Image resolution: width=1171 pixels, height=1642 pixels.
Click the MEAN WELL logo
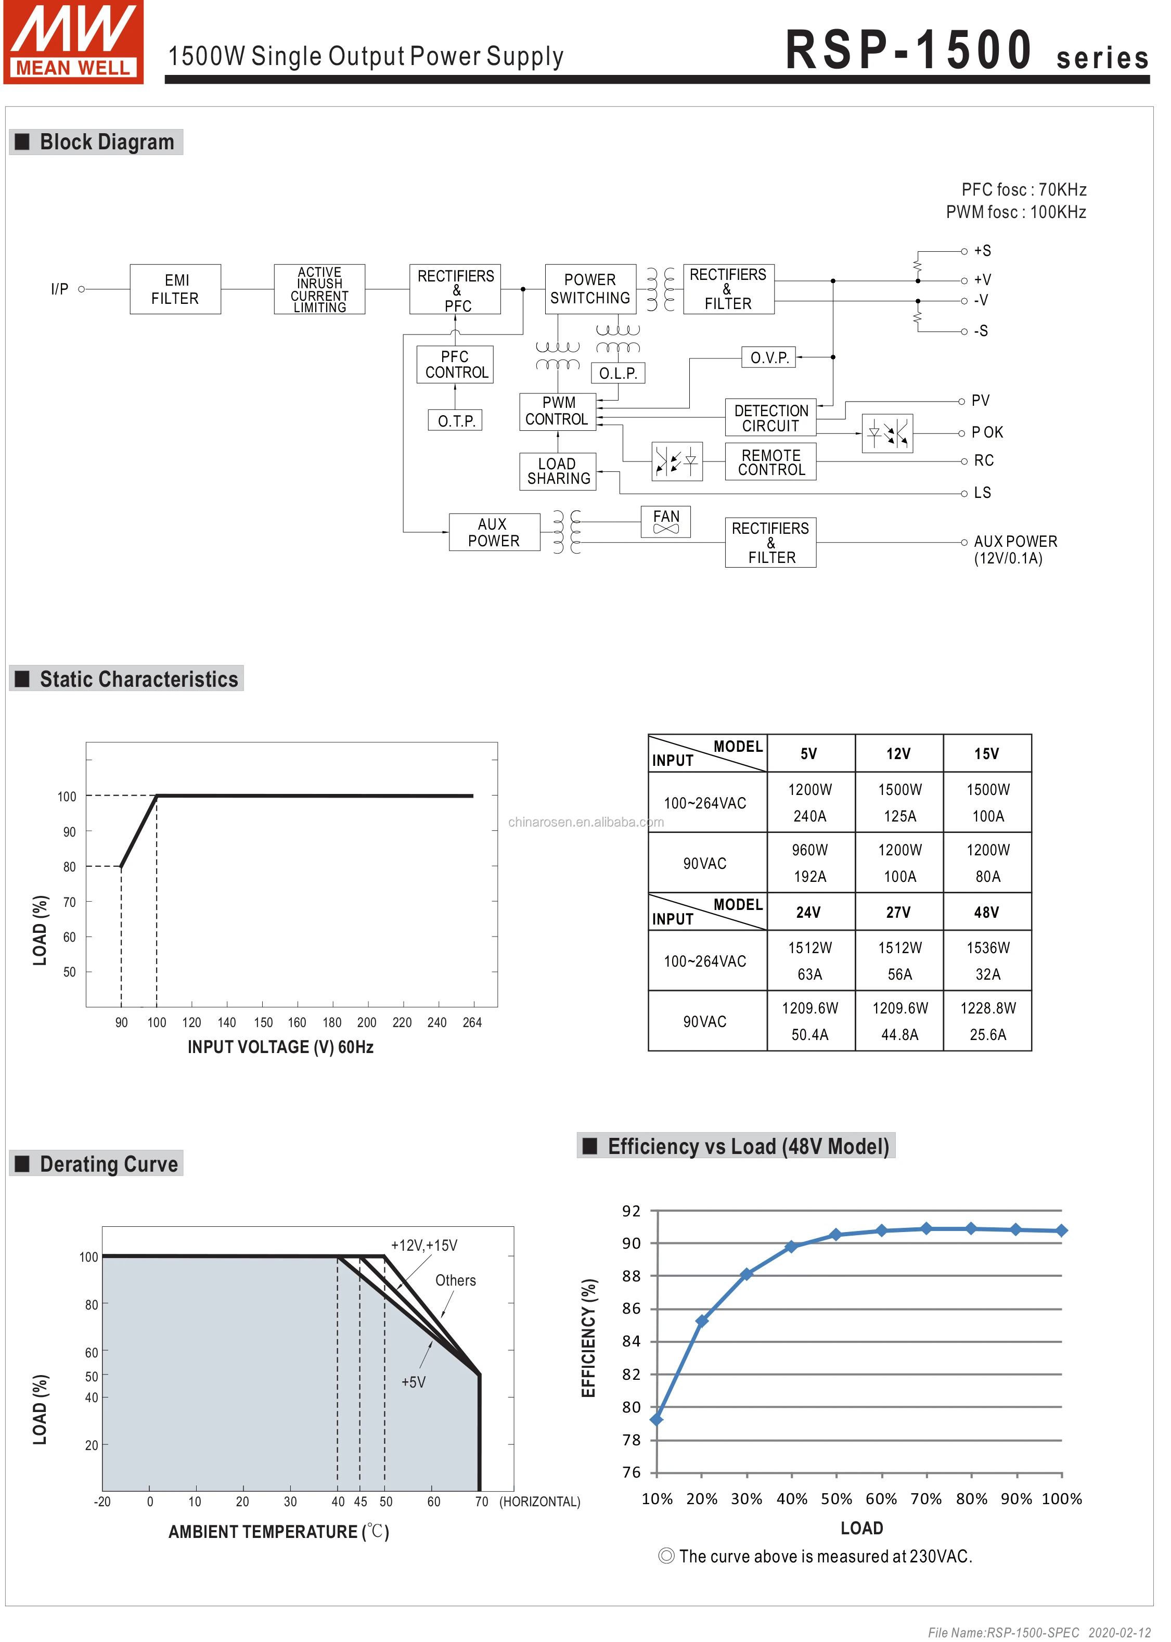pyautogui.click(x=73, y=42)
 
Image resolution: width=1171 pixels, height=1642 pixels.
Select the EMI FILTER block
pyautogui.click(x=175, y=289)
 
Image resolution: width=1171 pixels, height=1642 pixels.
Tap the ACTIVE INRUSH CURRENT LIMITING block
pyautogui.click(x=319, y=289)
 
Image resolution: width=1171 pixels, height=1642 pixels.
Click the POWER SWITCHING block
pyautogui.click(x=590, y=289)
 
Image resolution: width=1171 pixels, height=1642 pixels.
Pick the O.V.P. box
pyautogui.click(x=769, y=357)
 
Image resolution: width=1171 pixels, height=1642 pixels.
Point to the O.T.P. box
pyautogui.click(x=455, y=421)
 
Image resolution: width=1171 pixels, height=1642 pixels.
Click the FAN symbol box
pyautogui.click(x=665, y=521)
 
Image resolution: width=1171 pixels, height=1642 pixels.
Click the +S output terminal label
pyautogui.click(x=982, y=251)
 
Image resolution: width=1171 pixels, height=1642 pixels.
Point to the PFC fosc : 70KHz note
pyautogui.click(x=1023, y=190)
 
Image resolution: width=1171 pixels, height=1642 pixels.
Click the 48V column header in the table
pyautogui.click(x=986, y=912)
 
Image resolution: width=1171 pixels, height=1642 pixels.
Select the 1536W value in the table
pyautogui.click(x=987, y=947)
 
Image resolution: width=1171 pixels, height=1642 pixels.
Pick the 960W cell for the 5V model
pyautogui.click(x=810, y=850)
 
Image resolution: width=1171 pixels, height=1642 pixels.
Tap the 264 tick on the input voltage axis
pyautogui.click(x=472, y=1022)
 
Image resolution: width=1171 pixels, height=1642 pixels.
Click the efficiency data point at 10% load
pyautogui.click(x=656, y=1419)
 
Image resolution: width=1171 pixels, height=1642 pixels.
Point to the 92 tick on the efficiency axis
pyautogui.click(x=631, y=1211)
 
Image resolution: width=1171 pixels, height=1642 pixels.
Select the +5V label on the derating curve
pyautogui.click(x=413, y=1382)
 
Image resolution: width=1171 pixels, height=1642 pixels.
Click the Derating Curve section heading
pyautogui.click(x=108, y=1164)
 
